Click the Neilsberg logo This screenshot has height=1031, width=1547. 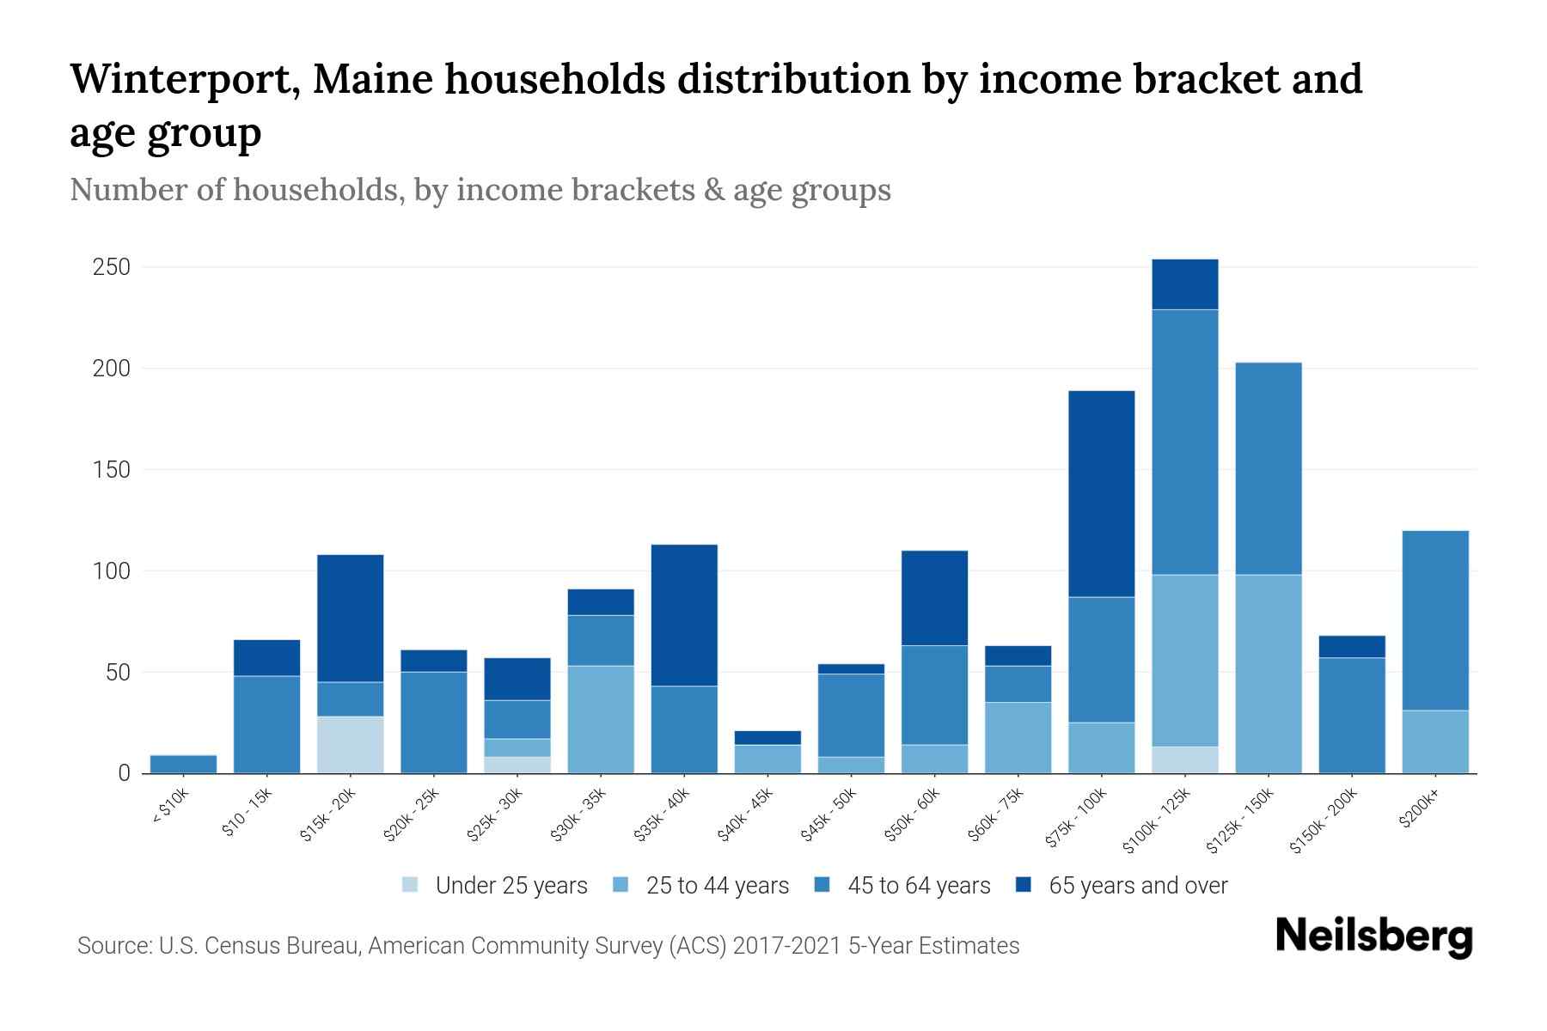tap(1373, 936)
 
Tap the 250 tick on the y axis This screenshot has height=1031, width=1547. tap(112, 267)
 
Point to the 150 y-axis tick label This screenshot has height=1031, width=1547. tap(112, 470)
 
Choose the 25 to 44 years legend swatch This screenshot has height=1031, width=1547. tap(621, 885)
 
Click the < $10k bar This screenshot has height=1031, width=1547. tap(183, 764)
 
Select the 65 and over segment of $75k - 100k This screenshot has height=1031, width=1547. tap(1101, 494)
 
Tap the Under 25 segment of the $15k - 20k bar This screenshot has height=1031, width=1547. tap(350, 744)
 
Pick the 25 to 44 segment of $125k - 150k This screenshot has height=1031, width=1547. tap(1268, 674)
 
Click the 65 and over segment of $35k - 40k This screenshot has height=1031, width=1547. tap(684, 615)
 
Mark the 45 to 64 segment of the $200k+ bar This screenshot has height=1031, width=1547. tap(1434, 620)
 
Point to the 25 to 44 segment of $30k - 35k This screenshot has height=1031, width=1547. tap(601, 719)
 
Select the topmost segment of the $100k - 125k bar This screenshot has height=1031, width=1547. tap(1184, 284)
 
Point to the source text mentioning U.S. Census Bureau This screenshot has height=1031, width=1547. tap(547, 946)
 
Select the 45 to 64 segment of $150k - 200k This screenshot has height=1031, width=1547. tap(1351, 715)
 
